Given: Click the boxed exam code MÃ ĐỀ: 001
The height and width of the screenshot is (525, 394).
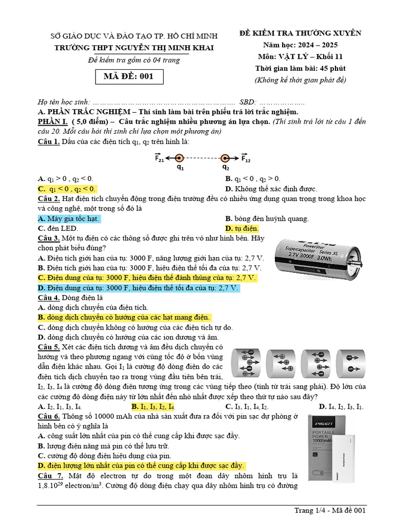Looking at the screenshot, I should pos(129,77).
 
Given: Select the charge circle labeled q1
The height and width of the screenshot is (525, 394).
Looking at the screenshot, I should pos(179,158).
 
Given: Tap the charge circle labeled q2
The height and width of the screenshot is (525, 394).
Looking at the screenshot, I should pos(225,158).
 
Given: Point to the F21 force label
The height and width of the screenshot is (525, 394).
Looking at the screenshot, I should pos(160,158).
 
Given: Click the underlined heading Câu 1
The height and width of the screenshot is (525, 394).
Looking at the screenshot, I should pos(49,142).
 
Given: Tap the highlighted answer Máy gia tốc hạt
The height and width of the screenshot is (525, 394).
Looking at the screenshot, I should pos(69,219).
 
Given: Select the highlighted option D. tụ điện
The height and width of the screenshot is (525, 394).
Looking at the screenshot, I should pos(242,228).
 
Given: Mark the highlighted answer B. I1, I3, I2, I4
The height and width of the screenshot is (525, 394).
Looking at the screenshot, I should pos(153,407).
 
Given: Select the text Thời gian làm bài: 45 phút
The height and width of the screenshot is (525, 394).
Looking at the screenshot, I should pos(300,68).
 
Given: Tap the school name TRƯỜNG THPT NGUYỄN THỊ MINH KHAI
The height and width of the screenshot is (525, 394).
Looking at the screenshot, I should pos(134,48).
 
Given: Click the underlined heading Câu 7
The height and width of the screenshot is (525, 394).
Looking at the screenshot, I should pos(49,476).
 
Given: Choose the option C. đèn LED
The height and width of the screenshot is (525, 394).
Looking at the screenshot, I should pos(58,228).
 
